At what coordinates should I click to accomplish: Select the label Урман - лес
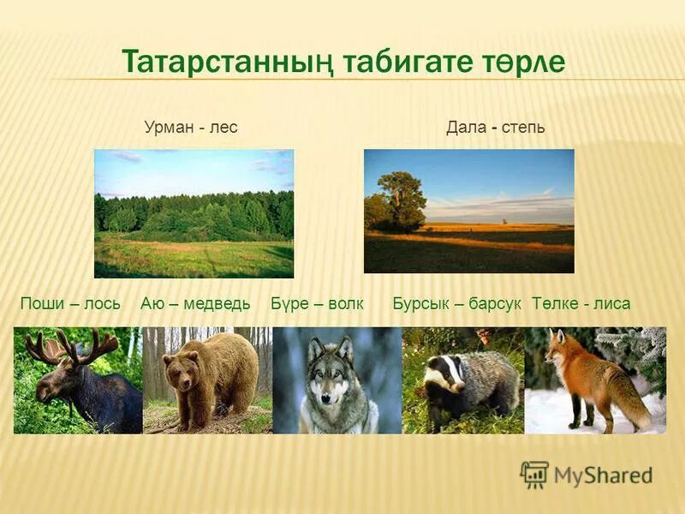(x=190, y=128)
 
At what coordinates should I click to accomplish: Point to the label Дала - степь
(x=495, y=128)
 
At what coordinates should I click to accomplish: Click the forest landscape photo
(x=194, y=213)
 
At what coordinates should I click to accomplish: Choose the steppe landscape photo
(x=468, y=211)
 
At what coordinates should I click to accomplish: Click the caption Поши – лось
(x=70, y=303)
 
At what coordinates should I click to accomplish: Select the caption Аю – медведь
(x=195, y=303)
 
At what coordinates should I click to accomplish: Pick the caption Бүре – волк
(x=318, y=303)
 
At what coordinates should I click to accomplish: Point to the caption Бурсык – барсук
(x=457, y=303)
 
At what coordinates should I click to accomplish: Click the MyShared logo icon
(x=534, y=474)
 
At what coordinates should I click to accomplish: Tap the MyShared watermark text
(x=603, y=475)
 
